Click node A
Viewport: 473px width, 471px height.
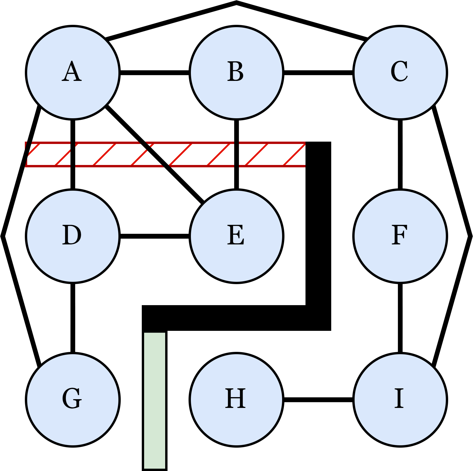(73, 72)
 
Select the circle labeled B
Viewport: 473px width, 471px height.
(236, 72)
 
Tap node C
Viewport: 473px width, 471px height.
(400, 72)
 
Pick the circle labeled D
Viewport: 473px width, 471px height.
(73, 236)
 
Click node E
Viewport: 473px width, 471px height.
(236, 236)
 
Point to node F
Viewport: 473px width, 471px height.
(400, 236)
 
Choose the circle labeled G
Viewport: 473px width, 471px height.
(73, 399)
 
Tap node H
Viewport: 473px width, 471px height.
(236, 399)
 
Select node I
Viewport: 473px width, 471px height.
(400, 399)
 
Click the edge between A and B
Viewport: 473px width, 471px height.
(155, 72)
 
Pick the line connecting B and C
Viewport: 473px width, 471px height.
(318, 72)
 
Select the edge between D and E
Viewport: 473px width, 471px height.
(155, 236)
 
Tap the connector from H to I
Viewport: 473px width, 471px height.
(318, 399)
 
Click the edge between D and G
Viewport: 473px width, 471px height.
(73, 318)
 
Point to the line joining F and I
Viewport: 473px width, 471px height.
(400, 318)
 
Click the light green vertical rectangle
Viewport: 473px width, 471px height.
(155, 400)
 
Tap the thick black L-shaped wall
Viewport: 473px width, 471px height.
(318, 234)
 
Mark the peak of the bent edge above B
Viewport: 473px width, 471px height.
(236, 3)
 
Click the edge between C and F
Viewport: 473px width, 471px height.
(400, 154)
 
